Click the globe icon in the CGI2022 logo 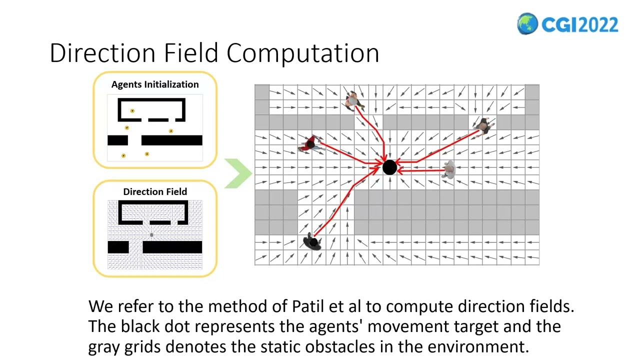coord(527,24)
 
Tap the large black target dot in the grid coord(389,167)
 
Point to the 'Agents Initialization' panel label coord(155,84)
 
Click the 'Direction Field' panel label coord(155,191)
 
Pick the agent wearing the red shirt coord(310,144)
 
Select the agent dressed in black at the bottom coord(312,242)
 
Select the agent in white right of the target coord(449,170)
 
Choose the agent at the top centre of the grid coord(353,100)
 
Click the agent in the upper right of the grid coord(482,126)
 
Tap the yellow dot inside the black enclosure coord(132,111)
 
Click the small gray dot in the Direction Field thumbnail coord(151,234)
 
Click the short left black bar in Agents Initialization coord(117,140)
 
